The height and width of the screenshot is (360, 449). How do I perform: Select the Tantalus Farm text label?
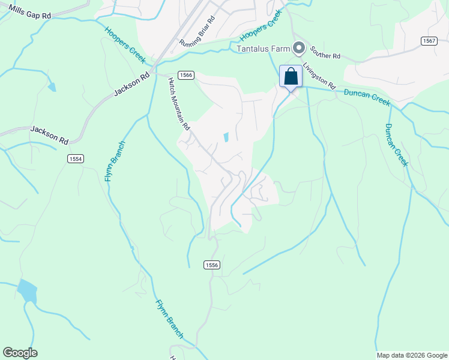[263, 48]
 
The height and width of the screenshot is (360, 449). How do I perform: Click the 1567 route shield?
[429, 41]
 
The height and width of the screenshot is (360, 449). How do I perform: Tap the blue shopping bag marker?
[291, 77]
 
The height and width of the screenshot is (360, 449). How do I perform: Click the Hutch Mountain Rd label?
[179, 104]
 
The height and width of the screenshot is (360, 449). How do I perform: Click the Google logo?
[20, 352]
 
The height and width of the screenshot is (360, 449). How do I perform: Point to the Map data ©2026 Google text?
[412, 355]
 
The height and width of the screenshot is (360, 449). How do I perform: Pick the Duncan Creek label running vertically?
[397, 145]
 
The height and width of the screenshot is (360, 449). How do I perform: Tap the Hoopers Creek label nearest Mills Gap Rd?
[125, 44]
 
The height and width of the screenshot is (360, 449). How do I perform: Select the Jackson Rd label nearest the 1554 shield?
[49, 134]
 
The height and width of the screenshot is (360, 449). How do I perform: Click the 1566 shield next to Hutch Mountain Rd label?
[185, 74]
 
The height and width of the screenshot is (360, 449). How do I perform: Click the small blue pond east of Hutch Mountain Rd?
[226, 137]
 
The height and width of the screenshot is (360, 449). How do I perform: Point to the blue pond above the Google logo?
[26, 291]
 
